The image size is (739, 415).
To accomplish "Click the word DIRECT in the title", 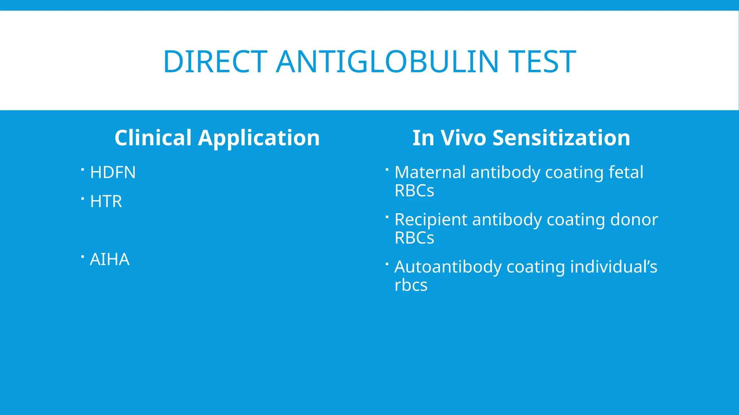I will click(215, 62).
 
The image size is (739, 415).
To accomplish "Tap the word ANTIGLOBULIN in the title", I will click(387, 62).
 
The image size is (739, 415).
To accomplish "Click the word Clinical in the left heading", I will click(153, 138).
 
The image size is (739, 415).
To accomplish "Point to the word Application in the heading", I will click(259, 138).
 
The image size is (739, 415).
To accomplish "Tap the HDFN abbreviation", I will click(113, 172).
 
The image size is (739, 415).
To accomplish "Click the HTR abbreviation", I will click(106, 201).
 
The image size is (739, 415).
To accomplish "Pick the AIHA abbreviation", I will click(109, 259).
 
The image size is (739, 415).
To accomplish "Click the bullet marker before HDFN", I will click(83, 169).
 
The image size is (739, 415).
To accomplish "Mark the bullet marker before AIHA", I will click(83, 256).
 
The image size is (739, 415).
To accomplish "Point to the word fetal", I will click(626, 172).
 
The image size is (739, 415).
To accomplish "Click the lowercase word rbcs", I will click(411, 285).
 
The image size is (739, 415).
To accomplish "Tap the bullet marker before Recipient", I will click(387, 217).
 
